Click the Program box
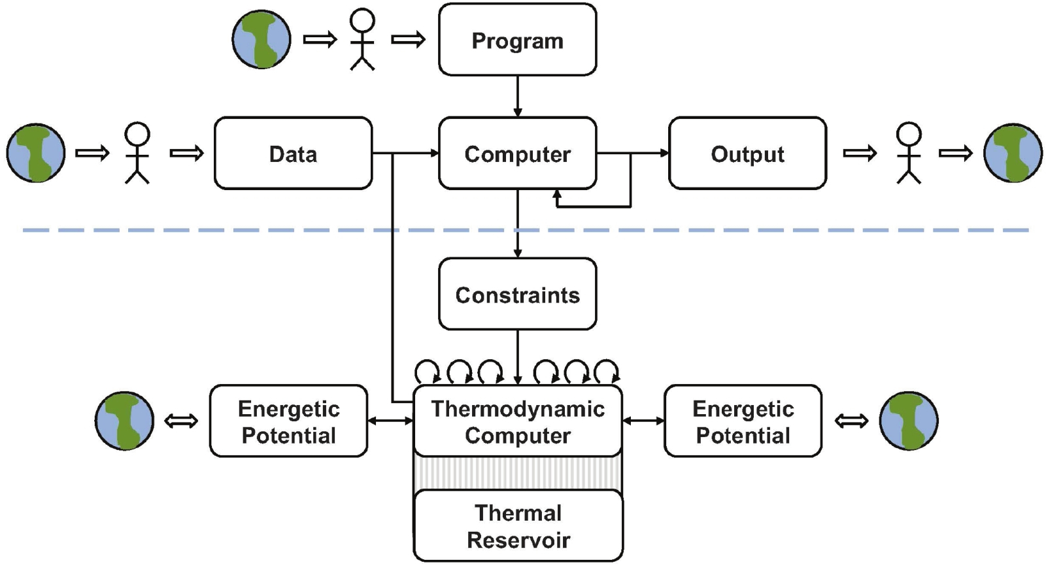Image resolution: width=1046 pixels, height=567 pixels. tap(517, 40)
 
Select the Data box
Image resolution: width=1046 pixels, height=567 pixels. tap(293, 154)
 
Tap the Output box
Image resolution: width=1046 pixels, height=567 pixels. tap(747, 154)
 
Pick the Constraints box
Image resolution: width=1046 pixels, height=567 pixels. tap(517, 294)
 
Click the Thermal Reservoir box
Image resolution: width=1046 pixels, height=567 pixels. tap(518, 526)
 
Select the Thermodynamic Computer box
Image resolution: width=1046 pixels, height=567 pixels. tap(517, 421)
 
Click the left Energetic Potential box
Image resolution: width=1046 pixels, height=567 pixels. tap(288, 421)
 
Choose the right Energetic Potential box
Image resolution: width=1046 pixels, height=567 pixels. tap(743, 421)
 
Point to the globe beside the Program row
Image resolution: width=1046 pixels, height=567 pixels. tap(261, 39)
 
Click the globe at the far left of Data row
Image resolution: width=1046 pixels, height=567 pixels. tap(36, 153)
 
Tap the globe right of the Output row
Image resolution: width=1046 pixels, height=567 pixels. tap(1013, 153)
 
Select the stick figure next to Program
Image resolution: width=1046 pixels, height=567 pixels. tap(362, 39)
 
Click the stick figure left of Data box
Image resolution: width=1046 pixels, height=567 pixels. tap(137, 153)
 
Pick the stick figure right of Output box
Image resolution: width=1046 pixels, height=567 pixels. tap(909, 153)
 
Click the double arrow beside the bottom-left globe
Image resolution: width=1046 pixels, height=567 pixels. tap(181, 421)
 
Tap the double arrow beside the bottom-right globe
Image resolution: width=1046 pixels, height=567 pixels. tap(851, 421)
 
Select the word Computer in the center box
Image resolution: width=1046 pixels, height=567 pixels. tap(517, 154)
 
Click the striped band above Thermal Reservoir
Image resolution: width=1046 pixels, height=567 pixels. tap(517, 473)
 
